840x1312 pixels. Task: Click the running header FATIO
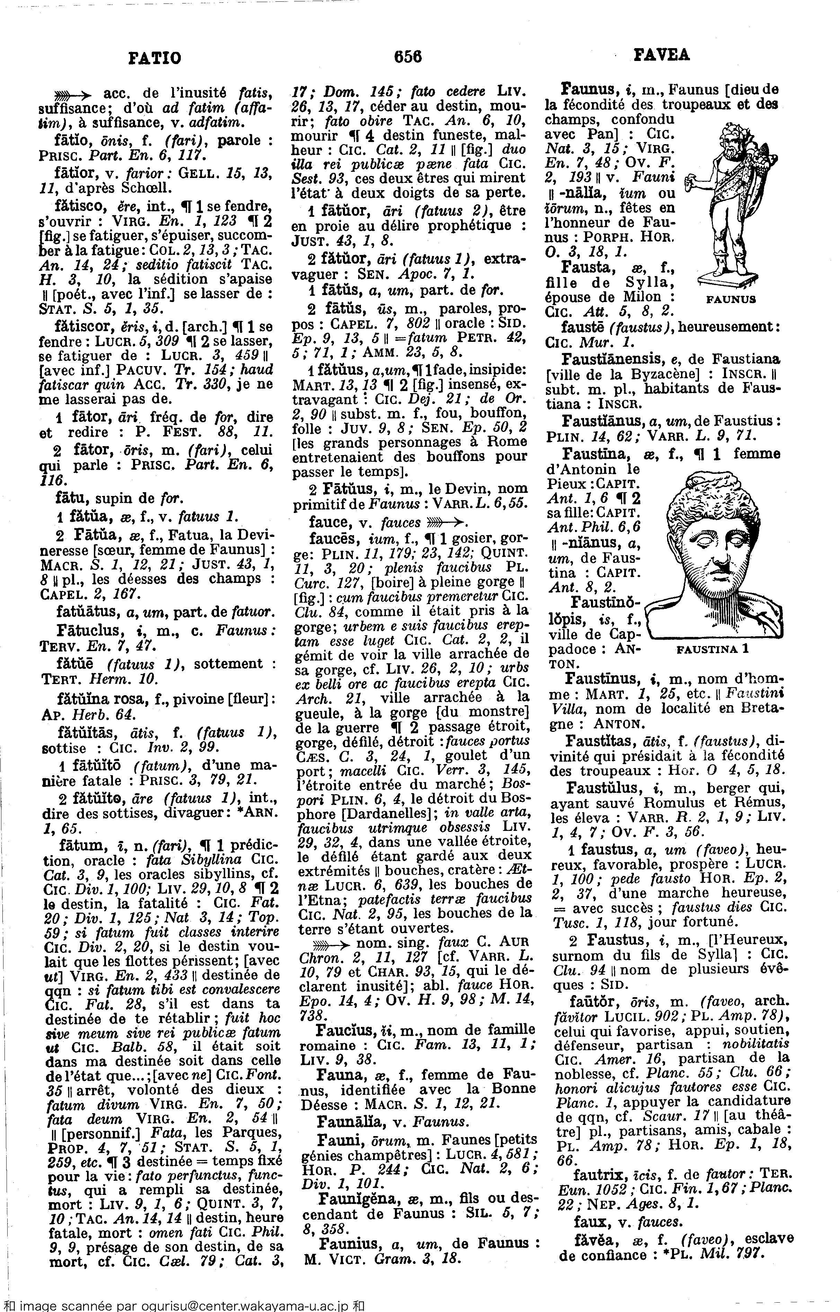154,57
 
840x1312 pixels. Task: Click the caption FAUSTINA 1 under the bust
713,649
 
